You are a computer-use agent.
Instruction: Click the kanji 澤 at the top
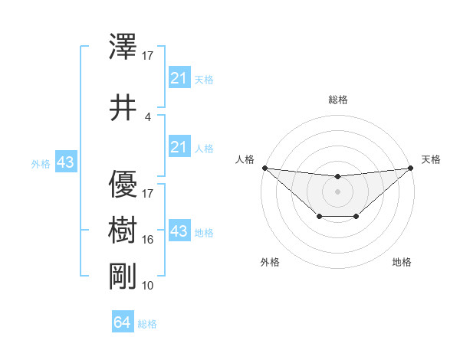pyautogui.click(x=123, y=47)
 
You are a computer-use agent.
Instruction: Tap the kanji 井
pyautogui.click(x=123, y=108)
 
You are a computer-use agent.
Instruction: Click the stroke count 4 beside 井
pyautogui.click(x=148, y=117)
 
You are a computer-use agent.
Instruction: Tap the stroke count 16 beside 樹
pyautogui.click(x=148, y=240)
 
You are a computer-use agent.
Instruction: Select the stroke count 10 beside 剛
pyautogui.click(x=148, y=285)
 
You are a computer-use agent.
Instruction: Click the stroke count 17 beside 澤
pyautogui.click(x=148, y=56)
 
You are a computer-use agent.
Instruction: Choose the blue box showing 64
pyautogui.click(x=123, y=322)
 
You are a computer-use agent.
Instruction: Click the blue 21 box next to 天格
pyautogui.click(x=179, y=78)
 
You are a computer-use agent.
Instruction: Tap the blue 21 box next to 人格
pyautogui.click(x=179, y=147)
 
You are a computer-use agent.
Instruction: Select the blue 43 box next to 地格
pyautogui.click(x=179, y=231)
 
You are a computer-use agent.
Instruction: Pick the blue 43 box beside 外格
pyautogui.click(x=65, y=162)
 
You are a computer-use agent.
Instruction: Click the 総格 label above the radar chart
pyautogui.click(x=338, y=100)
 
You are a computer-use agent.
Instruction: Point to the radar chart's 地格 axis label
pyautogui.click(x=402, y=263)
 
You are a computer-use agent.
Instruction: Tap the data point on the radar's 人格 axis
pyautogui.click(x=264, y=168)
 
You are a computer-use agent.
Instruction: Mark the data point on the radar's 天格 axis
pyautogui.click(x=411, y=168)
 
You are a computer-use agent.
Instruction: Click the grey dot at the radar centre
pyautogui.click(x=338, y=191)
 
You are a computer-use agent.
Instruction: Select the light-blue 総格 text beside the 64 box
pyautogui.click(x=148, y=324)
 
